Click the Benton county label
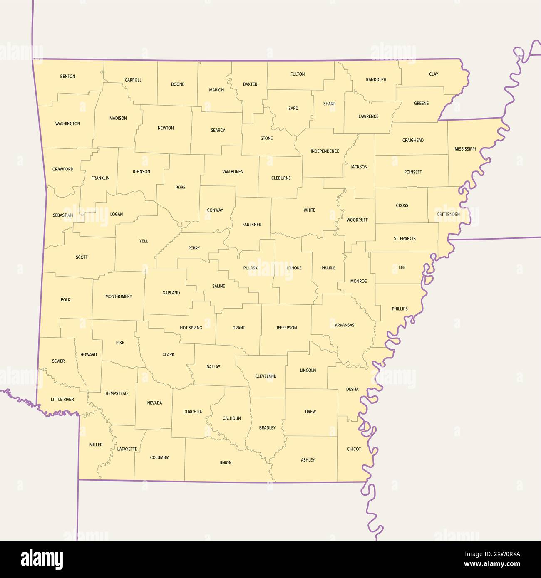pyautogui.click(x=68, y=77)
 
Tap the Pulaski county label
pyautogui.click(x=251, y=268)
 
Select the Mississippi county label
pyautogui.click(x=465, y=149)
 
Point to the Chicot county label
pyautogui.click(x=354, y=449)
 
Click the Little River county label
pyautogui.click(x=62, y=400)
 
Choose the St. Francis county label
pyautogui.click(x=405, y=239)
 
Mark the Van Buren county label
pyautogui.click(x=233, y=172)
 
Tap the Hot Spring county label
pyautogui.click(x=191, y=328)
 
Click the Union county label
pyautogui.click(x=225, y=463)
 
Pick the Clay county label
pyautogui.click(x=434, y=74)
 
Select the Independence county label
pyautogui.click(x=325, y=151)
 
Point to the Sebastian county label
pyautogui.click(x=63, y=215)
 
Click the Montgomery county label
pyautogui.click(x=119, y=297)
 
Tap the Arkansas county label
pyautogui.click(x=345, y=325)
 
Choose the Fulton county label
pyautogui.click(x=298, y=74)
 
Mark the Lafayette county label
pyautogui.click(x=127, y=449)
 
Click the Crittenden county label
pyautogui.click(x=448, y=215)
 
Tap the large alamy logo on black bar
pyautogui.click(x=42, y=559)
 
